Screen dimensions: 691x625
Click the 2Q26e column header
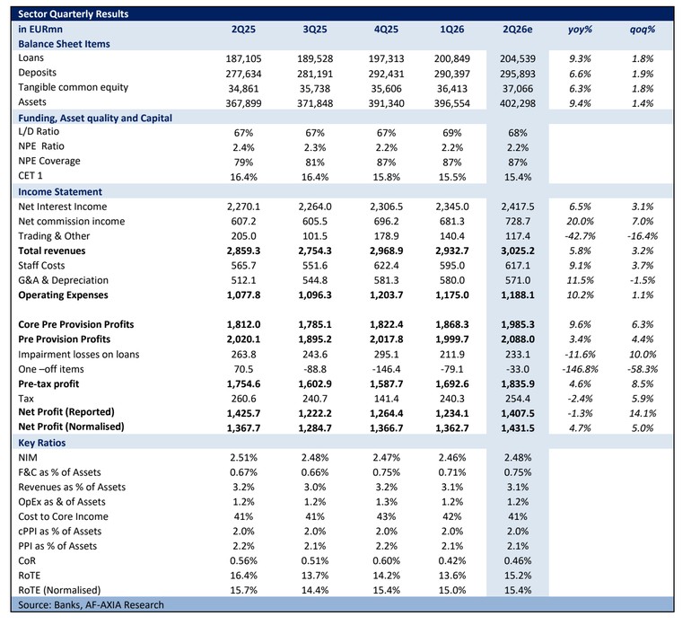click(518, 30)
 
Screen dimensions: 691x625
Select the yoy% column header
click(580, 30)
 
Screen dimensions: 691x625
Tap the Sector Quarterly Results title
click(74, 14)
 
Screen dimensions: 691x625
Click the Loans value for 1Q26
click(451, 58)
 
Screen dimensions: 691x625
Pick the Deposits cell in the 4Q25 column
click(386, 74)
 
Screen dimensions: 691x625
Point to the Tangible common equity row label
click(74, 87)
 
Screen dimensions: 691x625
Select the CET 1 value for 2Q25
click(243, 177)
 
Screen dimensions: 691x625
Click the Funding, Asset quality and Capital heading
click(95, 119)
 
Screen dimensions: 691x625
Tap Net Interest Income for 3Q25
click(315, 207)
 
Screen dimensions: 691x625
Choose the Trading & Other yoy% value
click(580, 236)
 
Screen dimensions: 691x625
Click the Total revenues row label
click(51, 251)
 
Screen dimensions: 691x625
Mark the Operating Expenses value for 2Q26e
click(518, 295)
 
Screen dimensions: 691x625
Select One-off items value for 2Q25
click(243, 369)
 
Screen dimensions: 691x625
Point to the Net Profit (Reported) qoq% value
click(642, 413)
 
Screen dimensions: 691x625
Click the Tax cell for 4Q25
click(386, 399)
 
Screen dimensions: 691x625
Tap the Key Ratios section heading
click(42, 443)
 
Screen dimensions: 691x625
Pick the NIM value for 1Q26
click(451, 458)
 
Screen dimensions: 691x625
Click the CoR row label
click(27, 561)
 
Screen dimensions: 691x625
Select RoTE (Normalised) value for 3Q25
click(315, 590)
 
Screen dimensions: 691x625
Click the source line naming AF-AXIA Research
click(91, 604)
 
